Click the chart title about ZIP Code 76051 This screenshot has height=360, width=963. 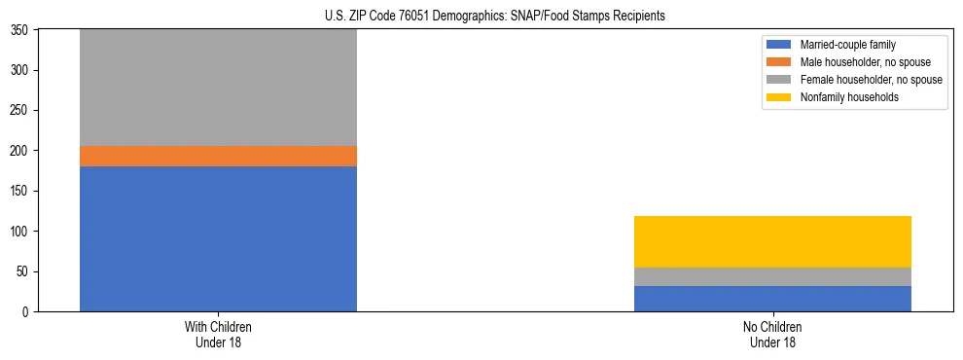[x=495, y=17]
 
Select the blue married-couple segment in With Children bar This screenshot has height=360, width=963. [x=218, y=238]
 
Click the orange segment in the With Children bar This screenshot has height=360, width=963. [x=218, y=156]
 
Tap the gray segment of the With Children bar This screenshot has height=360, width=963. [x=218, y=88]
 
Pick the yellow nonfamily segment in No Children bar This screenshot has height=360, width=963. [x=772, y=241]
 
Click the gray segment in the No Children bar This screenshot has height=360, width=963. [x=772, y=276]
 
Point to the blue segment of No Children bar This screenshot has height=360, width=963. [x=772, y=299]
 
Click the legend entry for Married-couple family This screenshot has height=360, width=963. [x=847, y=45]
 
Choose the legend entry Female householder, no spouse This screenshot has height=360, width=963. [x=870, y=80]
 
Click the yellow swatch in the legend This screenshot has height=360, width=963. [x=779, y=97]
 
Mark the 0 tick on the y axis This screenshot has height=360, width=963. [x=27, y=312]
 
